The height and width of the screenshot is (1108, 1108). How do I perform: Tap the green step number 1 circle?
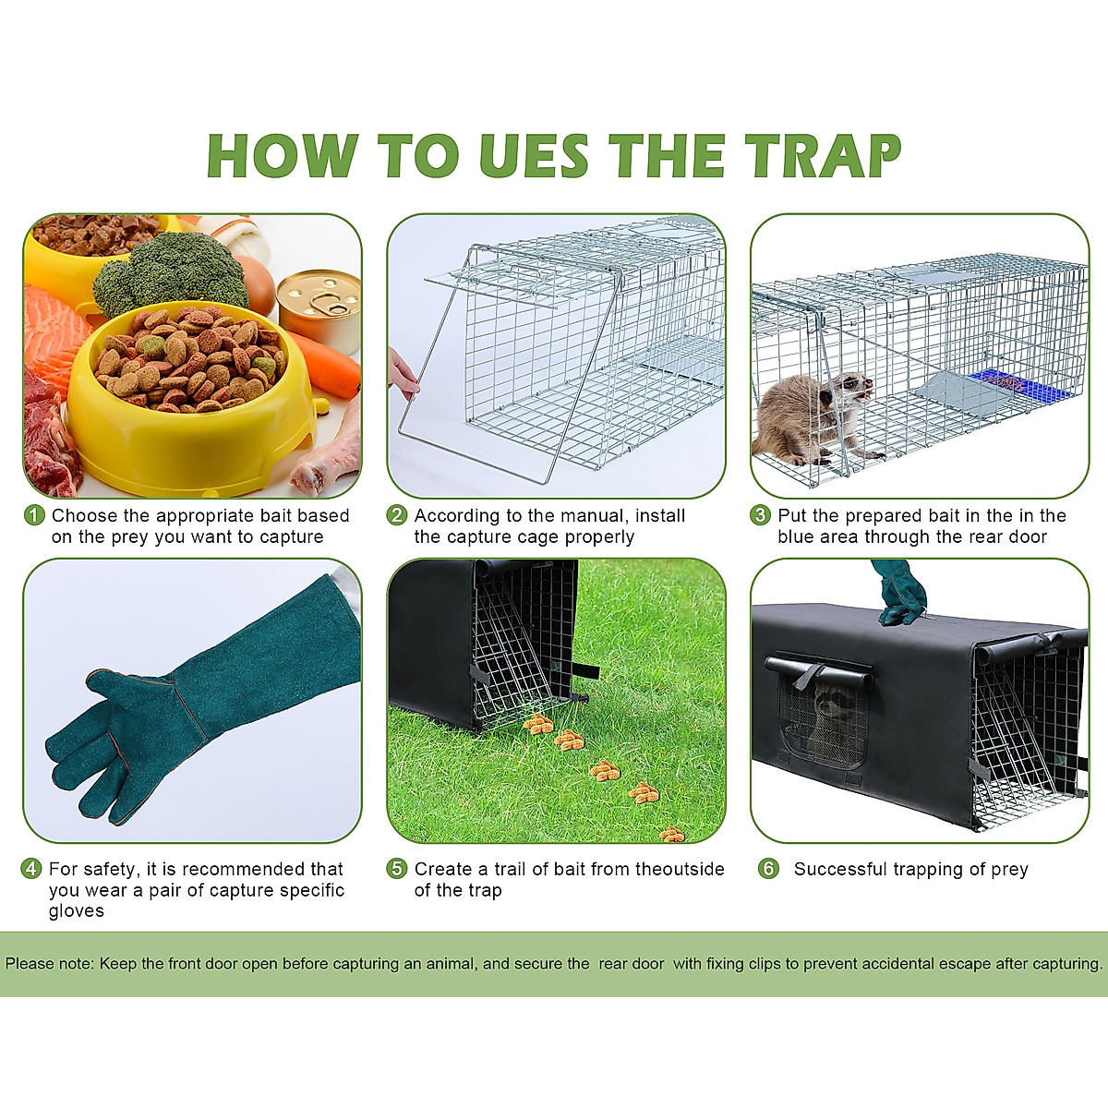tap(34, 515)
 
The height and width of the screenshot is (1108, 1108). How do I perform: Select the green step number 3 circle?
tap(760, 515)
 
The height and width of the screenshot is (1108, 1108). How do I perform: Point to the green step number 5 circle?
tap(397, 869)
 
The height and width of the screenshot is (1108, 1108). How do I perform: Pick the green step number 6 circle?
tap(768, 869)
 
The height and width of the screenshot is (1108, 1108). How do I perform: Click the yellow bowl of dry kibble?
tap(189, 388)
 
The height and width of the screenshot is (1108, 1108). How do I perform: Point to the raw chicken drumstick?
tap(328, 452)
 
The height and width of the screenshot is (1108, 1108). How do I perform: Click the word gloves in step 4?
tap(77, 911)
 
